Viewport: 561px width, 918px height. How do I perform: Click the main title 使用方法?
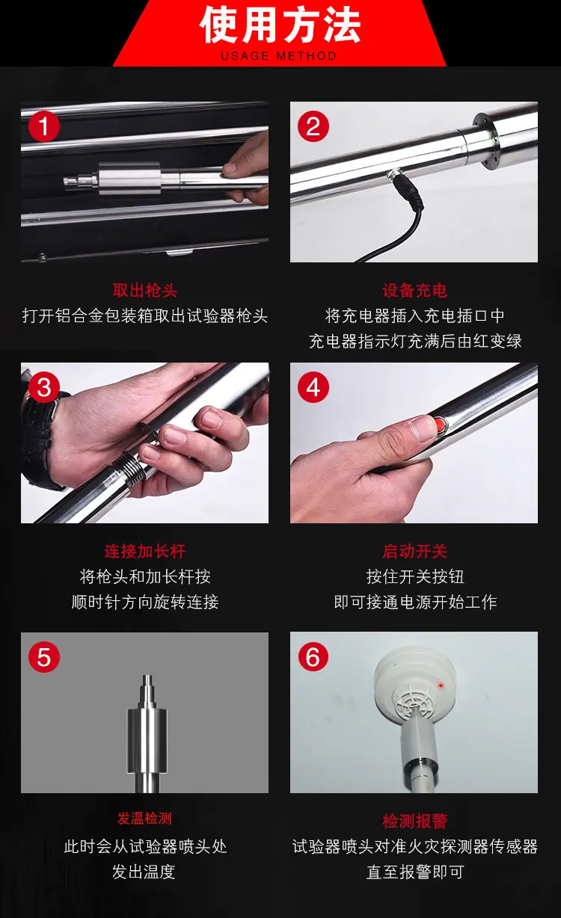(x=280, y=25)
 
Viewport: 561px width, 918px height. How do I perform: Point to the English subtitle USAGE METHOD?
(x=279, y=56)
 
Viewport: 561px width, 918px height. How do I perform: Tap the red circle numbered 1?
(x=44, y=126)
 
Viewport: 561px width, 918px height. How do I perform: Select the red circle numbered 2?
(x=313, y=126)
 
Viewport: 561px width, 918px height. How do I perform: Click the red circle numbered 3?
(x=44, y=387)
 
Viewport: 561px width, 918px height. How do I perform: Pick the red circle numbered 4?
(x=313, y=387)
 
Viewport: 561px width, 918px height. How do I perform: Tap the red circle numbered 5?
(x=44, y=657)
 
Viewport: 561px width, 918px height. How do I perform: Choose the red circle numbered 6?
(x=313, y=657)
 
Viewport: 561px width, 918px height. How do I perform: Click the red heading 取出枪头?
(x=145, y=291)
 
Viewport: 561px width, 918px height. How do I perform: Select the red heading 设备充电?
(x=414, y=291)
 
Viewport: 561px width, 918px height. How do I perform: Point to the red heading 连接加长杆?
(x=145, y=551)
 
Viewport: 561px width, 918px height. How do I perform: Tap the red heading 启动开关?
(x=414, y=551)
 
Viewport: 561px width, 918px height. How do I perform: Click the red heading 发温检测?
(x=145, y=819)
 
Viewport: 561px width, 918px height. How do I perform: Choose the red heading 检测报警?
(x=414, y=821)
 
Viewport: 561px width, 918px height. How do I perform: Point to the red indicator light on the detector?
(x=441, y=685)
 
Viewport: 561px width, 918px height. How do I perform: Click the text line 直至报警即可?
(x=414, y=872)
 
